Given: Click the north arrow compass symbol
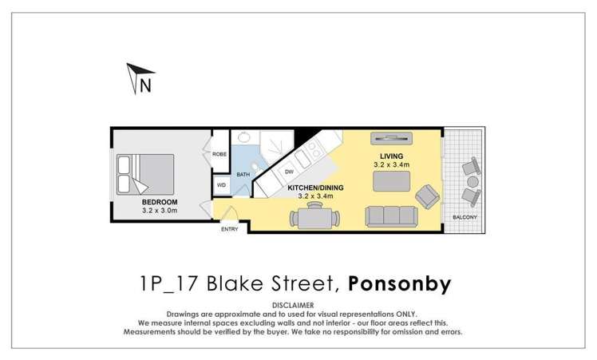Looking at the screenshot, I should (138, 78).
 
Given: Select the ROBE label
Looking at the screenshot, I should (220, 153).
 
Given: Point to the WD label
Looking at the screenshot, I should (221, 184).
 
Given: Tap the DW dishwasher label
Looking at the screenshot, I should (289, 171).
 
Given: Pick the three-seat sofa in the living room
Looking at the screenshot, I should (391, 216).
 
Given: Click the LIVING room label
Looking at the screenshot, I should (391, 156).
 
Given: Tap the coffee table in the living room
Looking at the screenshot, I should (391, 182).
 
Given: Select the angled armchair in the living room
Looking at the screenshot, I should (429, 194).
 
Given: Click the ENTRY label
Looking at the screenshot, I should (230, 230).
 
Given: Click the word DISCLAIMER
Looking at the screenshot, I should (298, 305).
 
